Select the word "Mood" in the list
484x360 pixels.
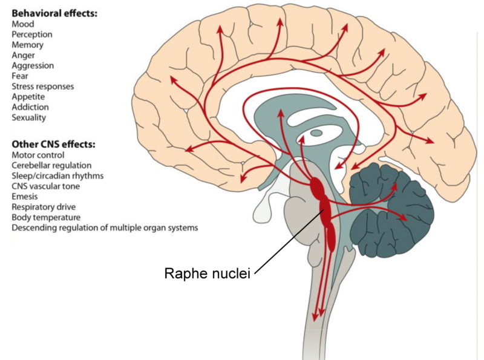point(22,24)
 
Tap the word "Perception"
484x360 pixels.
point(31,34)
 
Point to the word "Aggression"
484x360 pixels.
point(33,65)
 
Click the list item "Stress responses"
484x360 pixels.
point(43,86)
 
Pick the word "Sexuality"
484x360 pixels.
point(29,117)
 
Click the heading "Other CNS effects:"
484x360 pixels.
point(53,145)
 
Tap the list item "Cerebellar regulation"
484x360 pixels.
point(51,165)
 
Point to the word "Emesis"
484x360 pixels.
point(25,196)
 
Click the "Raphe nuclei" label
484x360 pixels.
point(207,273)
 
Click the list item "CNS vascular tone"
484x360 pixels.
point(45,186)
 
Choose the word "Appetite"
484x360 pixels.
point(28,96)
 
